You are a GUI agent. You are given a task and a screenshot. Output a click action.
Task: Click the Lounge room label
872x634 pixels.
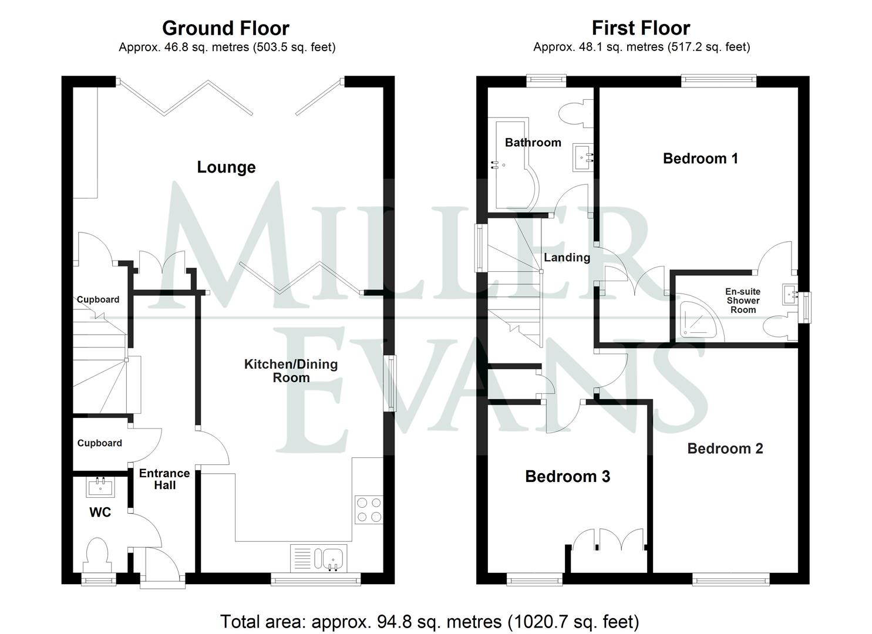pos(226,167)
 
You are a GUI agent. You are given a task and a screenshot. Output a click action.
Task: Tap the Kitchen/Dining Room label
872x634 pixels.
pos(291,370)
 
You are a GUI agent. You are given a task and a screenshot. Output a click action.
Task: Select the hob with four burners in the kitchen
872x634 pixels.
pos(369,510)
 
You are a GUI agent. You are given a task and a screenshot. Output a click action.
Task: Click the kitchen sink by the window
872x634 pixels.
pos(332,558)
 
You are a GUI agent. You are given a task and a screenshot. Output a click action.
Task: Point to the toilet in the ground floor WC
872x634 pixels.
pos(97,555)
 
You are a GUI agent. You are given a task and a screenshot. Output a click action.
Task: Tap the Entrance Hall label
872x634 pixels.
pos(164,479)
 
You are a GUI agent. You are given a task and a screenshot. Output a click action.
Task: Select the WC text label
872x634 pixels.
pos(100,512)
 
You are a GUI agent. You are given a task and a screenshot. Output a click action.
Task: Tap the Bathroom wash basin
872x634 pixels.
pos(584,157)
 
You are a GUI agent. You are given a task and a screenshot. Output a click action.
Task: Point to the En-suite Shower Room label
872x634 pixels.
pos(743,301)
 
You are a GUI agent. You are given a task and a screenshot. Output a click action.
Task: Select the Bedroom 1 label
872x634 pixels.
pos(700,158)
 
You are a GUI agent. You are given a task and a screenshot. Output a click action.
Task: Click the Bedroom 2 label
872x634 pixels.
pos(725,448)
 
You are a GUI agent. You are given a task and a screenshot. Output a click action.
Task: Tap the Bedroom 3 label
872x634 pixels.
pos(567,476)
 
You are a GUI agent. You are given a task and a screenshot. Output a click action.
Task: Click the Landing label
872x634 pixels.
pos(567,257)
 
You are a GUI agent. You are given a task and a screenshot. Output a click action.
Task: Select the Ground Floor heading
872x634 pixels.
pos(225,28)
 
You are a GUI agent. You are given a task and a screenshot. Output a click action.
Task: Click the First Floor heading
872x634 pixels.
pos(641,28)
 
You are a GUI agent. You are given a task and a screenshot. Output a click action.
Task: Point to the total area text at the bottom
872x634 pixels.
pos(429,621)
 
